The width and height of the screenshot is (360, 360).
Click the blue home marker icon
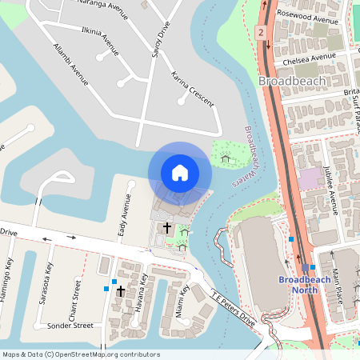pyautogui.click(x=179, y=172)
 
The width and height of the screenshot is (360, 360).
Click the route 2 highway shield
pyautogui.click(x=261, y=32)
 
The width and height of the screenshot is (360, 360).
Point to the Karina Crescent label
pyautogui.click(x=192, y=90)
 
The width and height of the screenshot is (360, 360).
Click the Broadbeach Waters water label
pyautogui.click(x=245, y=156)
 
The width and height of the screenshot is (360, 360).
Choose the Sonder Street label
pyautogui.click(x=70, y=326)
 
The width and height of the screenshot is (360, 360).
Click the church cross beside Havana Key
pyautogui.click(x=121, y=291)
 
